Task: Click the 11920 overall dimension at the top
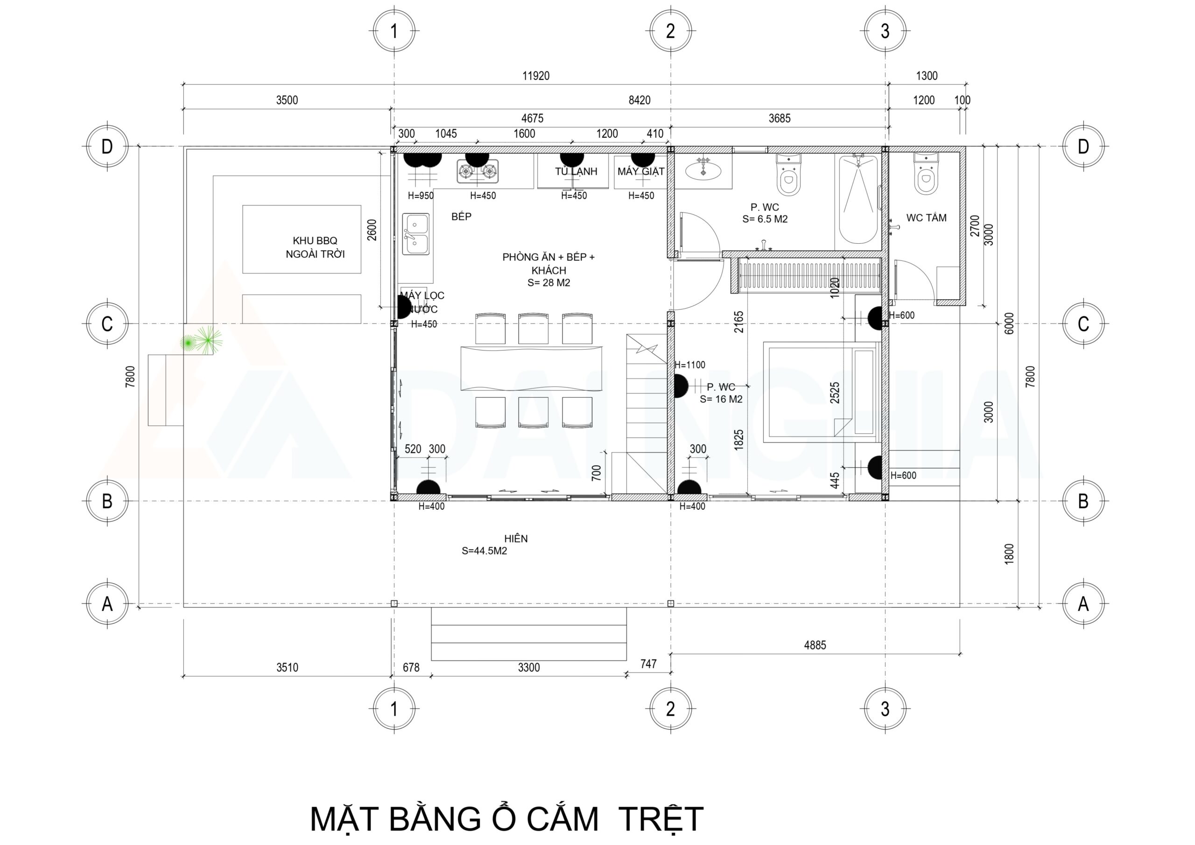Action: [x=535, y=76]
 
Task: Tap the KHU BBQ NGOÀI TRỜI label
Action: [x=315, y=247]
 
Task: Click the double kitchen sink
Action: [x=416, y=234]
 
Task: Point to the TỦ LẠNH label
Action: [x=576, y=172]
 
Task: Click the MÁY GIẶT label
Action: [x=641, y=172]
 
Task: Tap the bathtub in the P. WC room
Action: [x=858, y=199]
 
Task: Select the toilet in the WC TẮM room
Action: [x=925, y=173]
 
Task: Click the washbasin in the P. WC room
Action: [x=703, y=170]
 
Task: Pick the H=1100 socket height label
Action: [x=689, y=365]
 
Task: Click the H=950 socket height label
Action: [x=421, y=196]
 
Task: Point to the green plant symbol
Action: [x=201, y=341]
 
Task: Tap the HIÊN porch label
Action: [x=516, y=539]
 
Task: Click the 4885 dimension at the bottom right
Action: [x=815, y=645]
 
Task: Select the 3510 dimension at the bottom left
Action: [x=287, y=668]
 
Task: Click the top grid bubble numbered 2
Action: [x=670, y=31]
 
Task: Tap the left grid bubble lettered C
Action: [x=107, y=324]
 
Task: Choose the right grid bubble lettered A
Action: [x=1083, y=604]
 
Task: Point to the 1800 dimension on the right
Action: [x=1009, y=554]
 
